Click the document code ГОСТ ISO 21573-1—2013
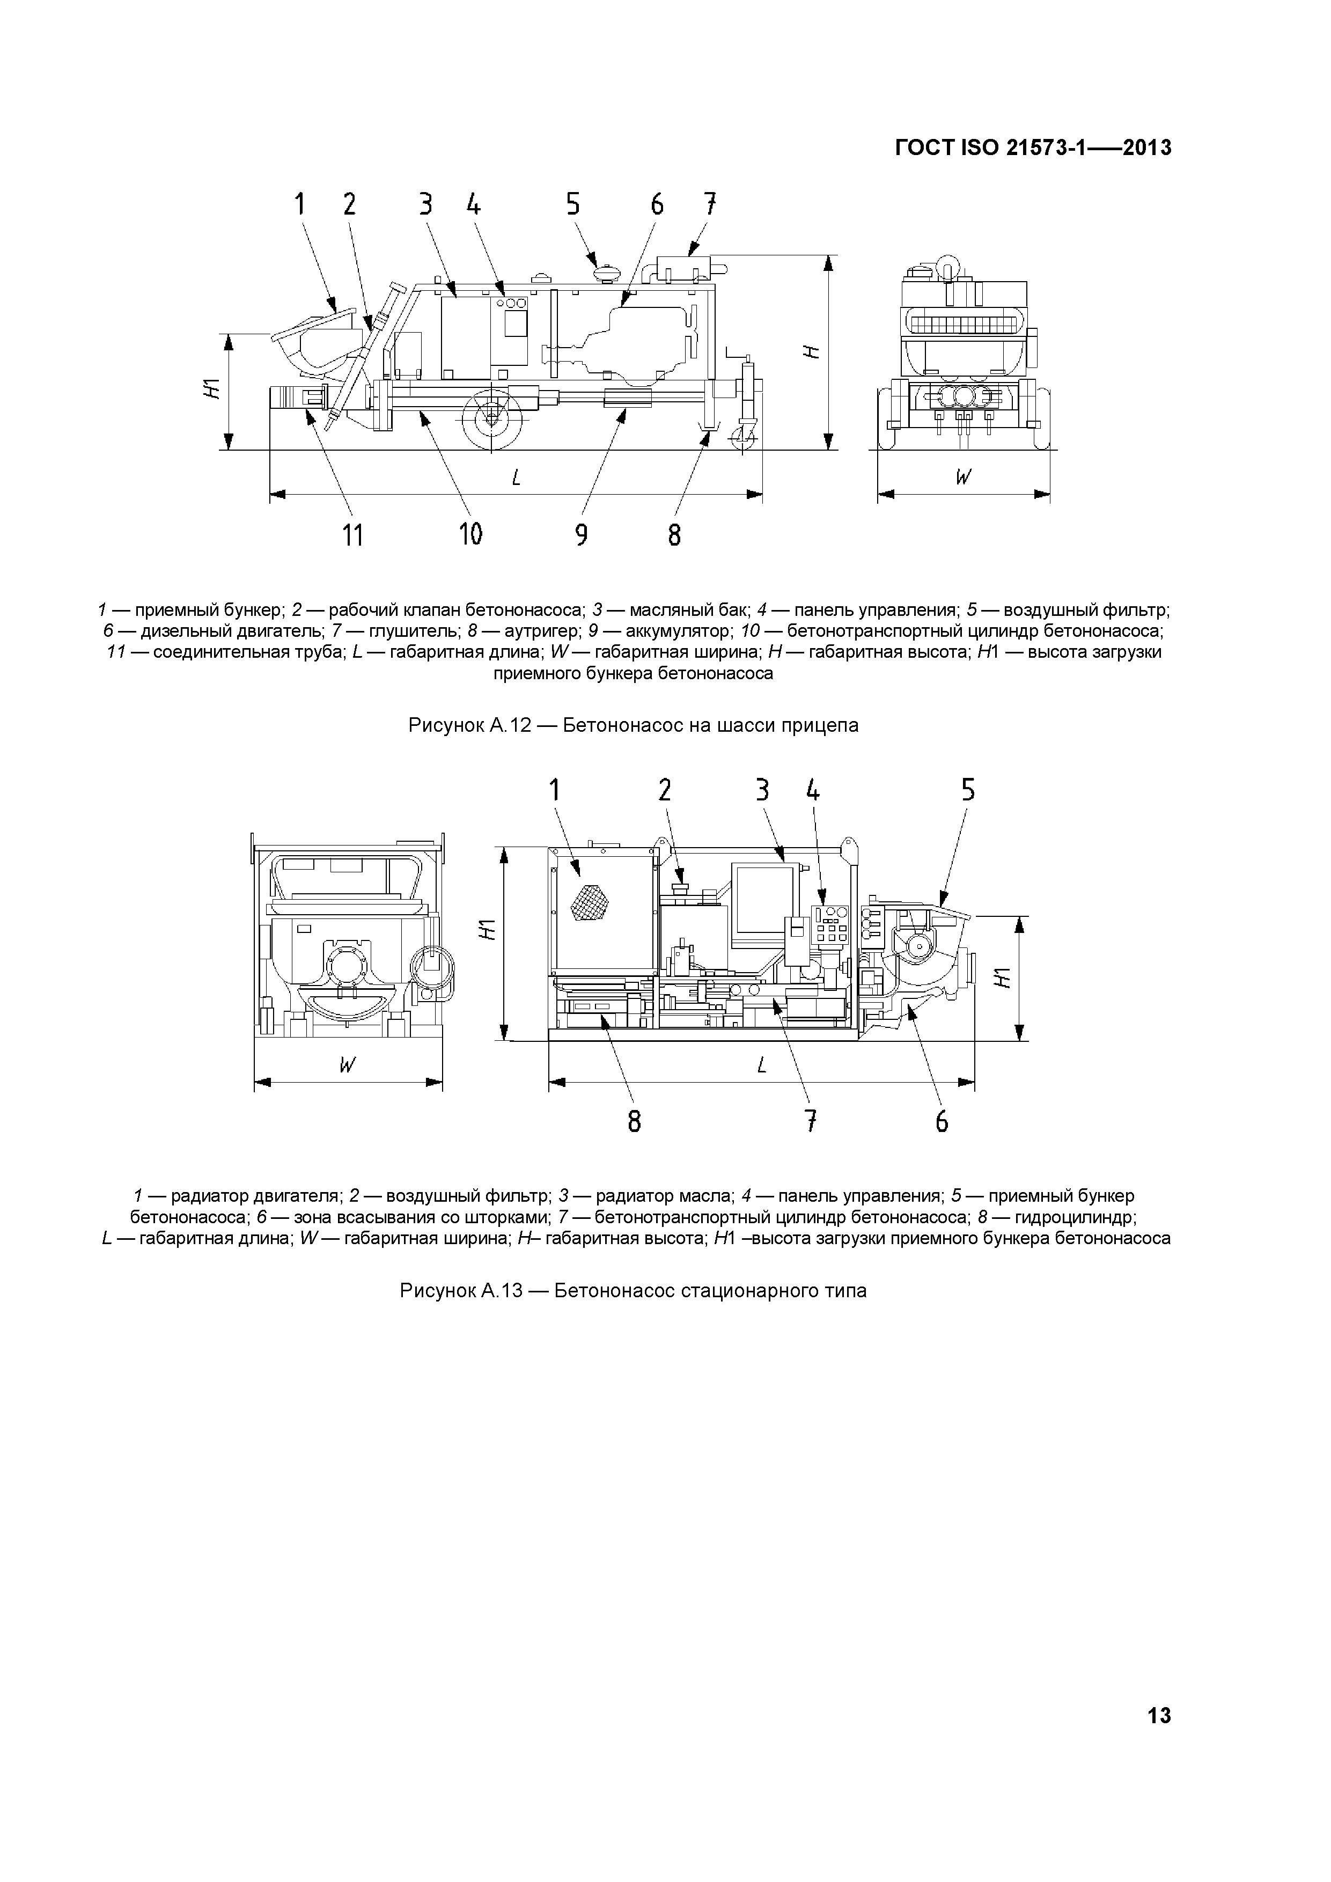point(1033,148)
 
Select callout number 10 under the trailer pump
point(470,534)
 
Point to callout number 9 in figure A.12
point(581,535)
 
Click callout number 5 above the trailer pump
point(573,204)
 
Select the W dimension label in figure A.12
point(963,477)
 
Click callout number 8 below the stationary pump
point(634,1121)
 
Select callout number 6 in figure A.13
point(942,1121)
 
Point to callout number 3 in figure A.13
point(762,790)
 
